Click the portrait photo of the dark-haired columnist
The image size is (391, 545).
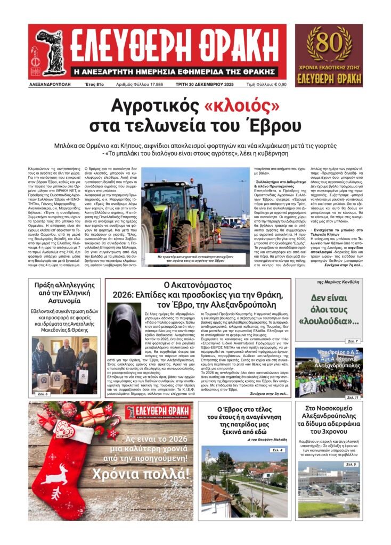pos(124,329)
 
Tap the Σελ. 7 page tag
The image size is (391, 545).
pos(353,341)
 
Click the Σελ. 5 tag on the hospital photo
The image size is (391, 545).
pos(351,465)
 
